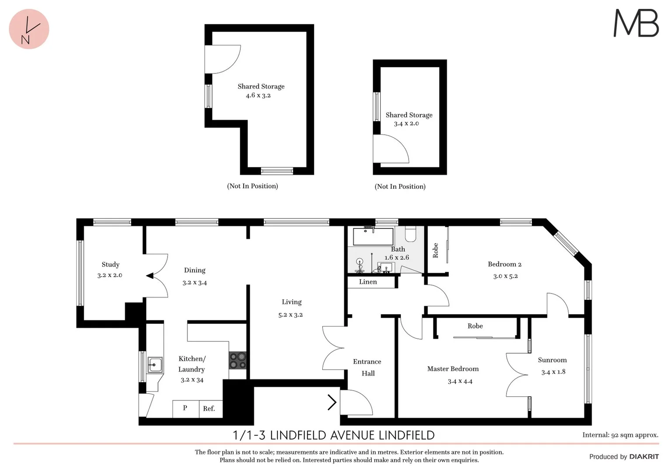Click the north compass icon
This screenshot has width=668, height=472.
29,29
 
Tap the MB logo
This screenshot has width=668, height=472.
636,24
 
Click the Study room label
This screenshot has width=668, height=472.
110,264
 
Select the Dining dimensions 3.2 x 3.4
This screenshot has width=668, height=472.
195,283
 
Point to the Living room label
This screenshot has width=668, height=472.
291,302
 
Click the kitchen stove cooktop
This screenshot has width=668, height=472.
238,361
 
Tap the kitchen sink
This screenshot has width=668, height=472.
154,364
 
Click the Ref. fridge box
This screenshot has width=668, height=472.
209,409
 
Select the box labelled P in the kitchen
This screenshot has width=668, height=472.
185,408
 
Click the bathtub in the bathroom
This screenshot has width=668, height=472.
373,236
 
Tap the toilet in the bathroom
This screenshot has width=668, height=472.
410,235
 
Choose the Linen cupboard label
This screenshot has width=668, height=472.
368,282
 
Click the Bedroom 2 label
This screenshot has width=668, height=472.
504,264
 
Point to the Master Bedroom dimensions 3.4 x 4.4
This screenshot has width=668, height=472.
460,382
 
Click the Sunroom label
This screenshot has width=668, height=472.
552,360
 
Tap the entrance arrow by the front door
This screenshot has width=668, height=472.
332,402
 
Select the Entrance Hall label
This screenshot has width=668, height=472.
367,367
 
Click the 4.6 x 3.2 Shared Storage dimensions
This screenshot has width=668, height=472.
258,95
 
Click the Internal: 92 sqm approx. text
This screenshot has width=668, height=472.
620,435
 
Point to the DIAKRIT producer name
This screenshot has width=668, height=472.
644,457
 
